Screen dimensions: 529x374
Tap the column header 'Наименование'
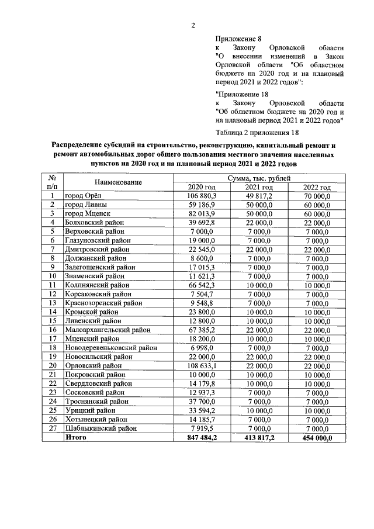118,182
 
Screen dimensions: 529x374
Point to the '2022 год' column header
317,187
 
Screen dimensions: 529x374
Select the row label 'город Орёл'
84,196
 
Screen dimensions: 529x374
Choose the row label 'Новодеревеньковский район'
111,347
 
